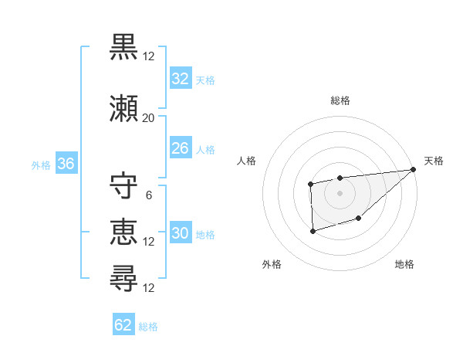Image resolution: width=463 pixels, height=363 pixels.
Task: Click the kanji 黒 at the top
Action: pyautogui.click(x=124, y=47)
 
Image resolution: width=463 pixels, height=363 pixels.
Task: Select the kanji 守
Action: pyautogui.click(x=124, y=185)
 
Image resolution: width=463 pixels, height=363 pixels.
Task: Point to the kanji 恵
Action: pyautogui.click(x=124, y=231)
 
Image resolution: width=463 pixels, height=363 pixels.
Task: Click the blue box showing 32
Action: pyautogui.click(x=181, y=79)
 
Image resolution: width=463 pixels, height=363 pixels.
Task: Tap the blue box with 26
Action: pyautogui.click(x=181, y=148)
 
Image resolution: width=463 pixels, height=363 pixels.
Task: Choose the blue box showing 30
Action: pyautogui.click(x=181, y=233)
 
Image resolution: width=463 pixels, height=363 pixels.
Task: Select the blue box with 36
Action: pyautogui.click(x=66, y=164)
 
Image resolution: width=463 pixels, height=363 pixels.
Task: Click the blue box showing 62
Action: pyautogui.click(x=123, y=325)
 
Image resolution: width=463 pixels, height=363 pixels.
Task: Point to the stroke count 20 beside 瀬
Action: pyautogui.click(x=148, y=118)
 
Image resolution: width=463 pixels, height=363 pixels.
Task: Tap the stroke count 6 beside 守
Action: pyautogui.click(x=148, y=195)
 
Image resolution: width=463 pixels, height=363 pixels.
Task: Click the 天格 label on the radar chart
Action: pyautogui.click(x=434, y=161)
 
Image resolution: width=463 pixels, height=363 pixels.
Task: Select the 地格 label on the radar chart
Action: pyautogui.click(x=404, y=264)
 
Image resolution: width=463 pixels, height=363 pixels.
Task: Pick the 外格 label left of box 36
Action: pyautogui.click(x=41, y=165)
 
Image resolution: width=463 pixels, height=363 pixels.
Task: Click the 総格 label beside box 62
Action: pyautogui.click(x=148, y=327)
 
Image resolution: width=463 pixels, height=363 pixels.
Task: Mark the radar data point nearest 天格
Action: pyautogui.click(x=413, y=169)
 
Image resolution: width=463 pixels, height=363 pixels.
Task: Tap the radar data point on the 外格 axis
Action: pyautogui.click(x=313, y=231)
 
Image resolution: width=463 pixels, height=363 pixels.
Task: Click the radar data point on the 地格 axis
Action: pyautogui.click(x=359, y=219)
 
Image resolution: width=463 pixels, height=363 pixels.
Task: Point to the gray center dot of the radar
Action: pyautogui.click(x=340, y=192)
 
